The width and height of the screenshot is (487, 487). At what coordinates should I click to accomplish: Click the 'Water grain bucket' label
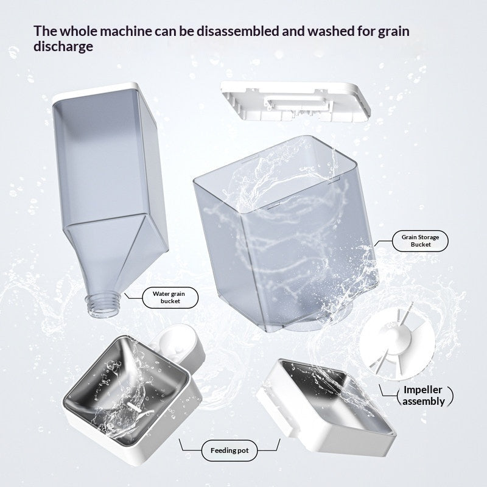(x=170, y=298)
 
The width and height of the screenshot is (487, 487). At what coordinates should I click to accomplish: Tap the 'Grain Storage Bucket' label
(x=420, y=240)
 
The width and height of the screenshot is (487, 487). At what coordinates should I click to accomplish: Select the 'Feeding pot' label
(x=229, y=450)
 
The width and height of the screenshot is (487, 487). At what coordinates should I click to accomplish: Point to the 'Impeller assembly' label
(x=422, y=395)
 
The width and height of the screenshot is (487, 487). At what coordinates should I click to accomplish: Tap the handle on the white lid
(x=296, y=103)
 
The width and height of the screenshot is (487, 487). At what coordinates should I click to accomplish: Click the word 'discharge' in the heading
(x=63, y=47)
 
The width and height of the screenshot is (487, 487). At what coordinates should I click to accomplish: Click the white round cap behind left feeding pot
(x=175, y=340)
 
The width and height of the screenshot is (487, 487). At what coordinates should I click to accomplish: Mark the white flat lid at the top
(x=296, y=101)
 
